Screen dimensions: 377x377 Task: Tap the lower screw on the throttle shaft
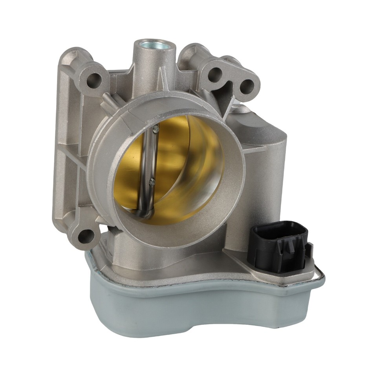152,181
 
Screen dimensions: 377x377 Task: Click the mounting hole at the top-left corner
93,80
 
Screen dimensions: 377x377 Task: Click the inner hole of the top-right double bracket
216,74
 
